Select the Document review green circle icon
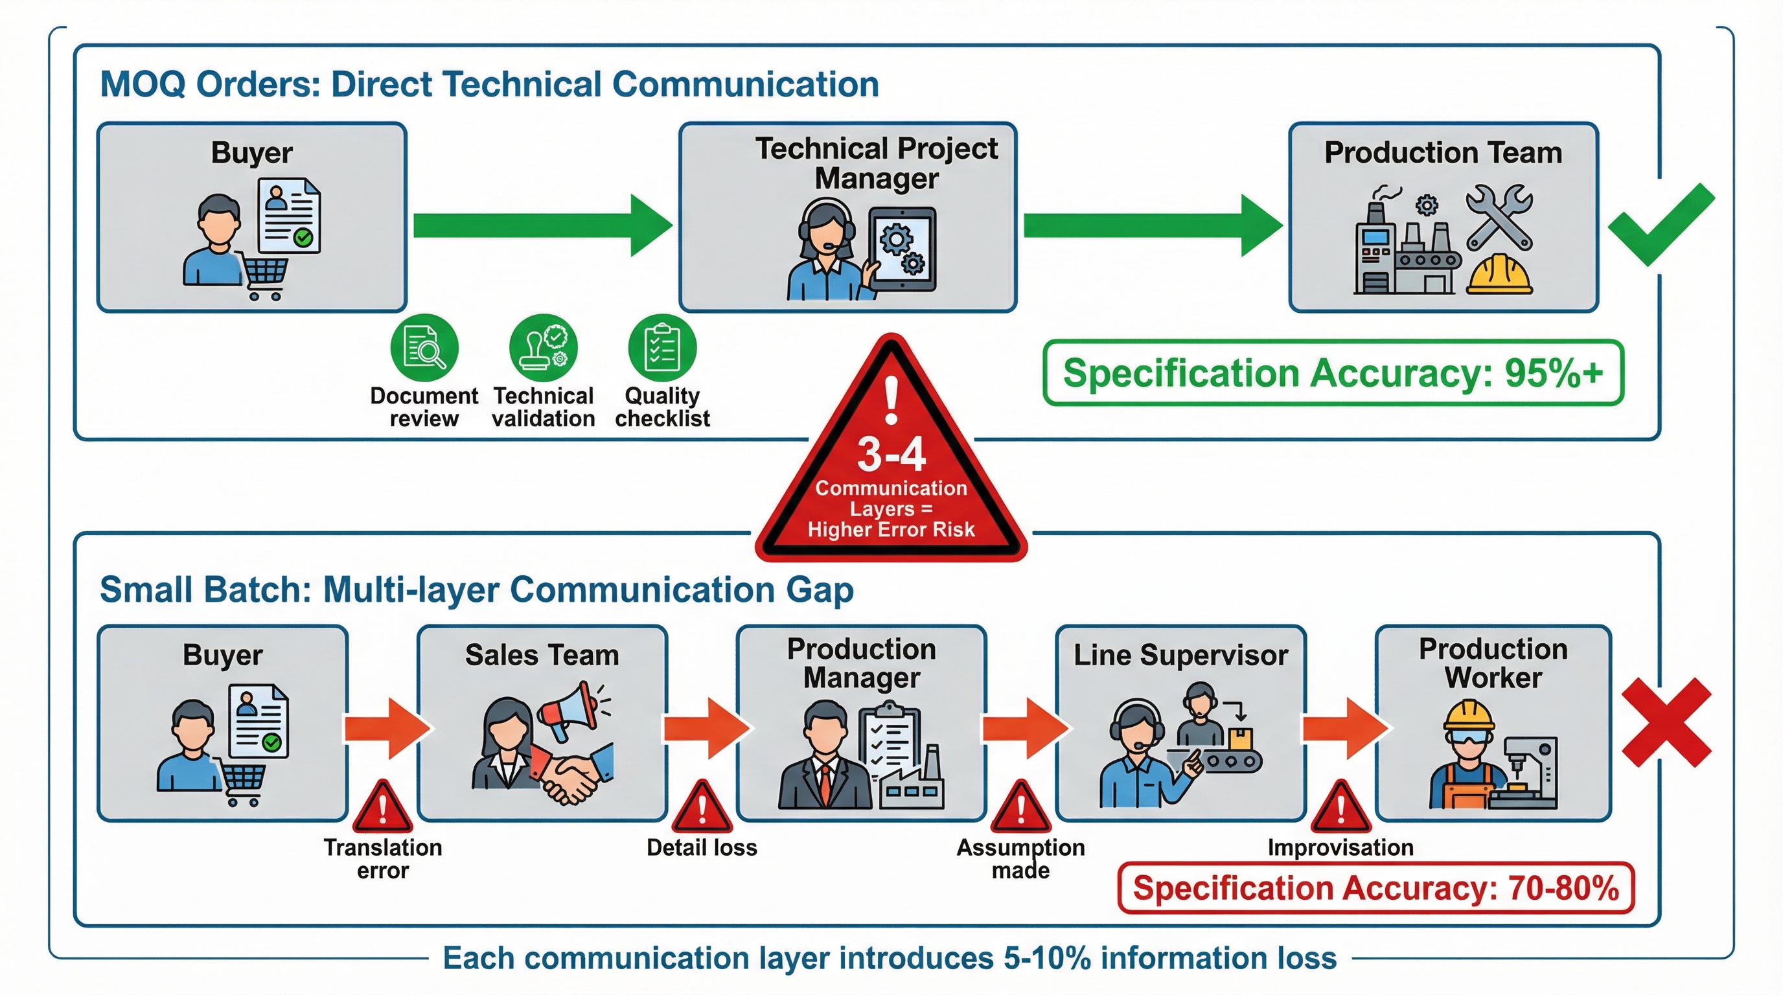pyautogui.click(x=424, y=347)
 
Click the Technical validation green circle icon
pyautogui.click(x=544, y=347)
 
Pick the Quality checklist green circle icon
pyautogui.click(x=661, y=347)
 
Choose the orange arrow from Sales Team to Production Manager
pyautogui.click(x=707, y=729)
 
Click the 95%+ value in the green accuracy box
pyautogui.click(x=1553, y=373)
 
